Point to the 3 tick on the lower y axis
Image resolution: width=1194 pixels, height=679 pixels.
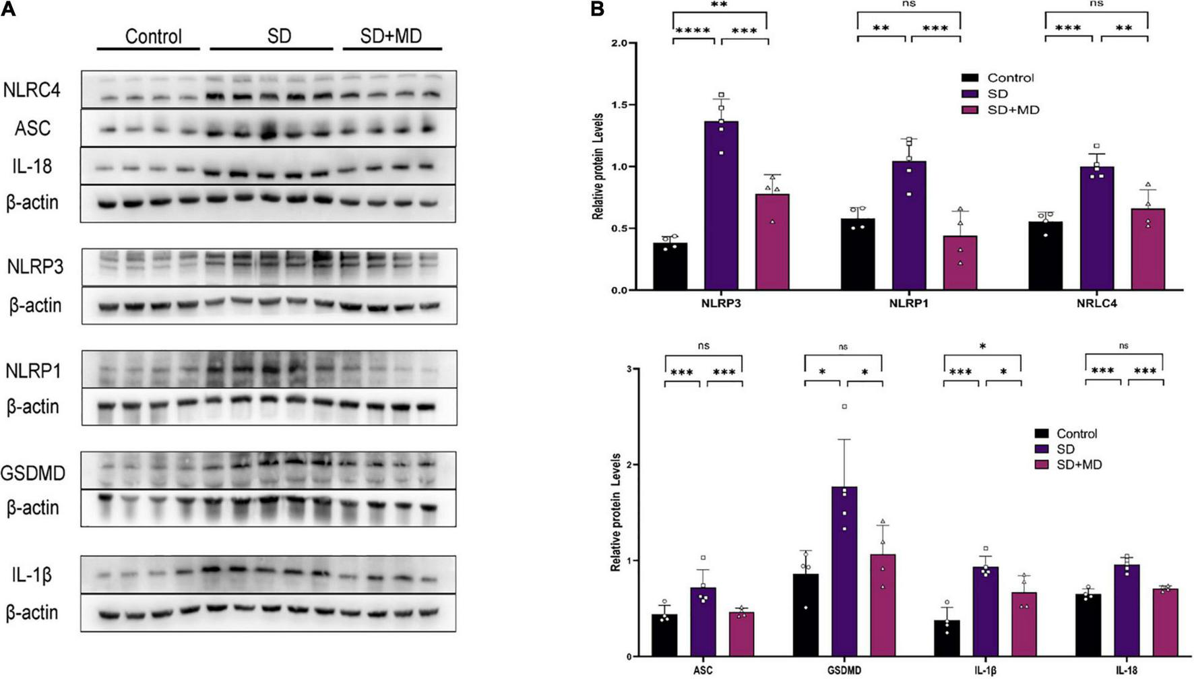tap(629, 369)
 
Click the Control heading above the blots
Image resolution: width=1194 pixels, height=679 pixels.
tap(154, 36)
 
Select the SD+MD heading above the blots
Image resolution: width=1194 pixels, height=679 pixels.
tap(391, 36)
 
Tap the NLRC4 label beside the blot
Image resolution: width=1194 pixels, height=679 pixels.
tap(32, 90)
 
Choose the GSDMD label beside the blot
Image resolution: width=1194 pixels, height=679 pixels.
tap(33, 474)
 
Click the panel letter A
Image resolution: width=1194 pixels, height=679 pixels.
tap(8, 9)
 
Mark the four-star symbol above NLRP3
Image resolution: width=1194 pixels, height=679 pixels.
tap(693, 31)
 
